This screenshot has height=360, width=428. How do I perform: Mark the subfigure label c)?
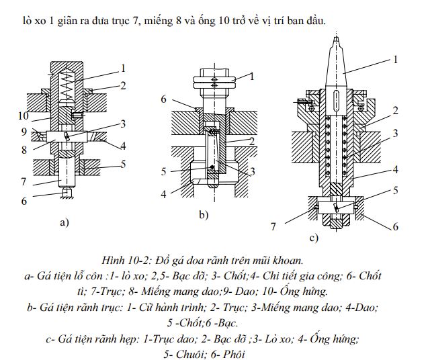(313, 237)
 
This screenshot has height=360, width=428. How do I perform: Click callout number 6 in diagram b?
(163, 99)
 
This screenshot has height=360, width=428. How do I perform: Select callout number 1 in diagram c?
(394, 59)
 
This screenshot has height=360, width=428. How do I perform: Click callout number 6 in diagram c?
(396, 226)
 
